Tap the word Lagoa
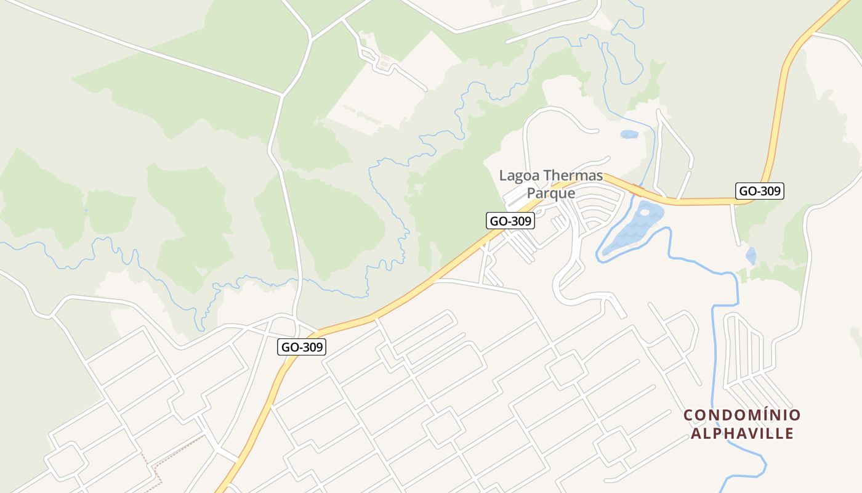click(x=519, y=176)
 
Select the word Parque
click(x=551, y=193)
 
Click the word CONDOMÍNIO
click(x=742, y=415)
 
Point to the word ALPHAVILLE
click(x=742, y=433)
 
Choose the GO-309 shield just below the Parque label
click(x=510, y=221)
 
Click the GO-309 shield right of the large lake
click(x=760, y=191)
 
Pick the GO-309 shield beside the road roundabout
click(x=302, y=347)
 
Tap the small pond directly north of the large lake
click(x=629, y=134)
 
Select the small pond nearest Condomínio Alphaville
click(x=751, y=256)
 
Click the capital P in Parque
click(x=531, y=193)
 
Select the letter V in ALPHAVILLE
click(x=752, y=433)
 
